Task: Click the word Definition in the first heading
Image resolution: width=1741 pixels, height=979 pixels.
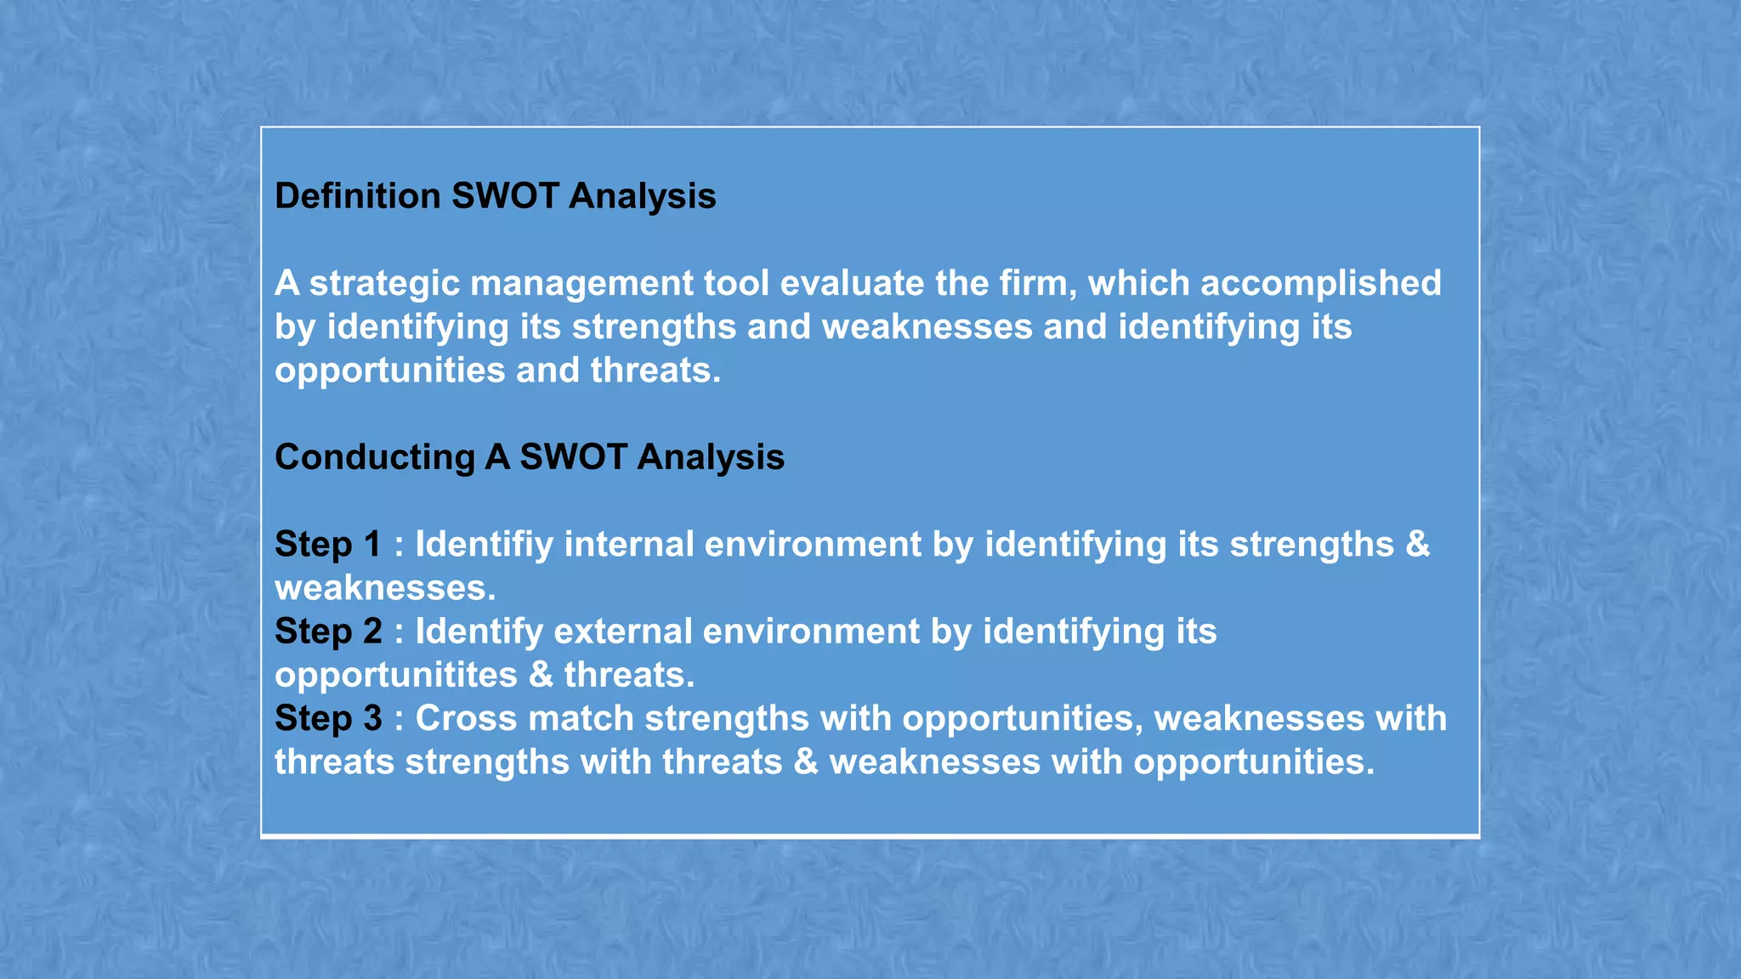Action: click(x=357, y=196)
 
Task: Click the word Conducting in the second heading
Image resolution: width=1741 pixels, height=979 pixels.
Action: click(x=374, y=457)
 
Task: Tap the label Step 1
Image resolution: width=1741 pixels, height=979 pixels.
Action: click(x=327, y=545)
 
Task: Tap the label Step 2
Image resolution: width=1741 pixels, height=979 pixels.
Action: click(x=327, y=631)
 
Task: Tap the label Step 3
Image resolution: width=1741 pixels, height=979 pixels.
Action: click(x=327, y=719)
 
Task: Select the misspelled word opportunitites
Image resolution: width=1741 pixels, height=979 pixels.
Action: click(x=396, y=676)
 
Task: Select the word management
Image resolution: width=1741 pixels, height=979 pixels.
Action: click(x=581, y=284)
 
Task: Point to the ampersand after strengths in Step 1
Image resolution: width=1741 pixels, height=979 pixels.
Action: click(x=1417, y=545)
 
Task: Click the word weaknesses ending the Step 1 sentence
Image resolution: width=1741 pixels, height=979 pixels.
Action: click(x=384, y=589)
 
